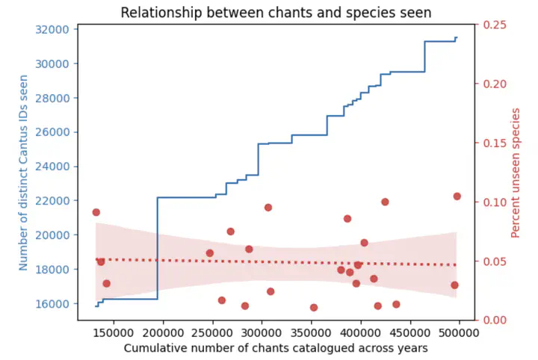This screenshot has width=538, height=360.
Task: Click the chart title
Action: (276, 12)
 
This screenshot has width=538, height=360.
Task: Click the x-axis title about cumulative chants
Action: (276, 348)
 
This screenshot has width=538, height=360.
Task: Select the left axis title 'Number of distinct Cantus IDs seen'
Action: (23, 173)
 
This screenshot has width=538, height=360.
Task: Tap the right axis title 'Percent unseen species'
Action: (516, 173)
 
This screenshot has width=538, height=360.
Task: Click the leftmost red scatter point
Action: (96, 212)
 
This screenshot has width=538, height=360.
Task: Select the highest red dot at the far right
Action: (457, 196)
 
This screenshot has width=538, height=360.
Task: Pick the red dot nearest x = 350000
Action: (314, 308)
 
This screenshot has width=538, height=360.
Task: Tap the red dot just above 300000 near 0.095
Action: (268, 208)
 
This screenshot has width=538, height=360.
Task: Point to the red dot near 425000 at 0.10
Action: (385, 202)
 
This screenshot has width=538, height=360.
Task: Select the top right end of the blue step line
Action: (457, 37)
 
